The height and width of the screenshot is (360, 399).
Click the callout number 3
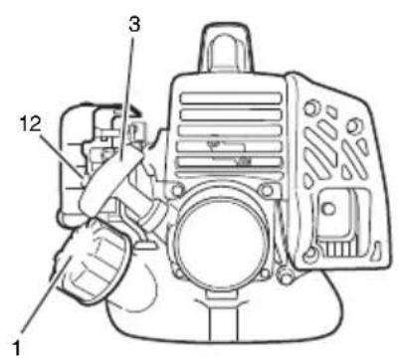(x=134, y=25)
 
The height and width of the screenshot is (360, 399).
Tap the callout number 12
(x=30, y=124)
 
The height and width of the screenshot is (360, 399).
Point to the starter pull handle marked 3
(x=111, y=182)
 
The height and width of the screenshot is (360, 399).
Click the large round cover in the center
(x=221, y=246)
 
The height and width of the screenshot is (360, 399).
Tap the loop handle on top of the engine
(x=227, y=47)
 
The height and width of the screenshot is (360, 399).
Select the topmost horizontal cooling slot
(x=231, y=98)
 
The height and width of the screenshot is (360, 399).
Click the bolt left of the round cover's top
(x=178, y=190)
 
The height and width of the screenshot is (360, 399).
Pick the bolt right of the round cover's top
(x=266, y=190)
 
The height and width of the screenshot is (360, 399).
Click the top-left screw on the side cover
(x=310, y=108)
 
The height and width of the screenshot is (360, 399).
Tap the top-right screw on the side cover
(x=352, y=125)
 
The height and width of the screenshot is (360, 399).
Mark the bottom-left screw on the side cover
(x=310, y=254)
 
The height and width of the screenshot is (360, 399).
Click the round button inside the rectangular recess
(x=328, y=209)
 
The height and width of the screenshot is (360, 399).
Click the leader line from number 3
(x=126, y=95)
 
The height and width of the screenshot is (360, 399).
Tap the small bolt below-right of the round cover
(x=285, y=274)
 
